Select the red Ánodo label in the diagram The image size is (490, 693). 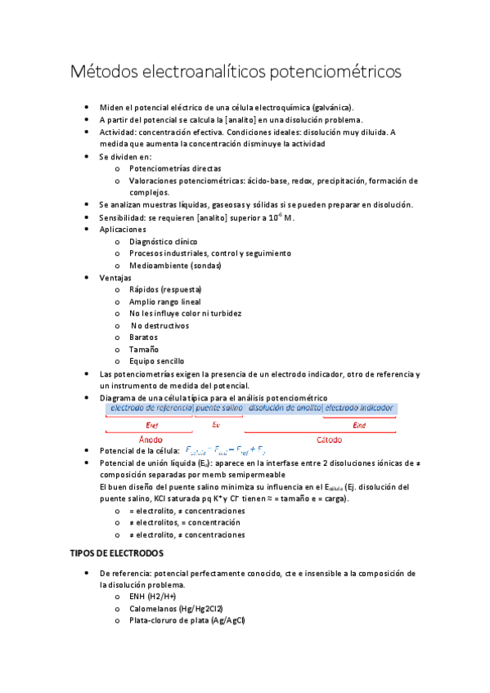click(151, 440)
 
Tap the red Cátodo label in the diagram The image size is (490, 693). click(329, 440)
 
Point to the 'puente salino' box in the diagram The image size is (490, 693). click(219, 407)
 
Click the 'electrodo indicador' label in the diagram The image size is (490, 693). click(359, 407)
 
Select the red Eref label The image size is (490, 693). click(151, 425)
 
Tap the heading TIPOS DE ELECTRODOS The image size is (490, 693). click(117, 553)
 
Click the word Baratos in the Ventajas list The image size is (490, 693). click(143, 337)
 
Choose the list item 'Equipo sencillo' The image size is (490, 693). click(156, 360)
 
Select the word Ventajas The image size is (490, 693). click(115, 278)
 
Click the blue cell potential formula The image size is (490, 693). click(226, 450)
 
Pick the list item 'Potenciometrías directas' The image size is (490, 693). click(175, 168)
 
